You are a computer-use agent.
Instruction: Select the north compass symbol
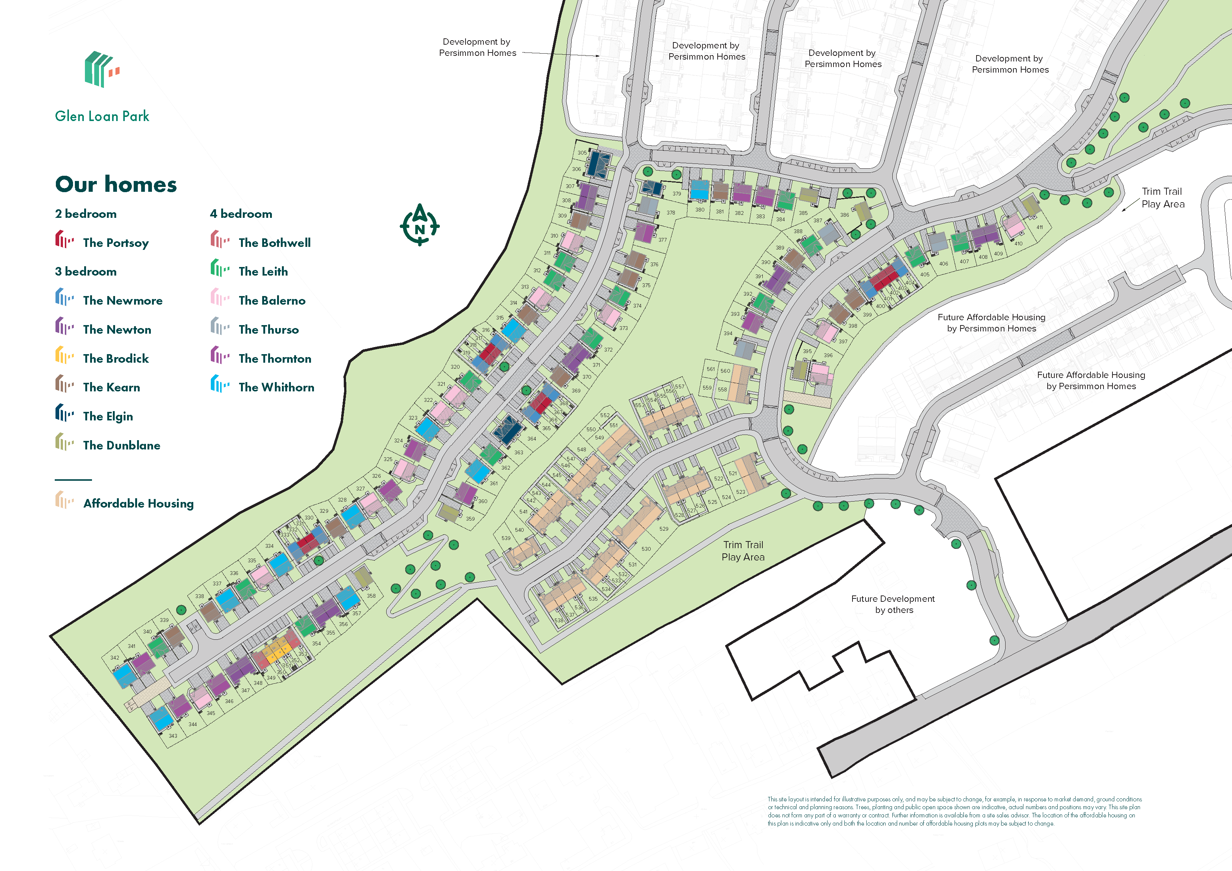(x=420, y=225)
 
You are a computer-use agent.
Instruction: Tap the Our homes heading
(x=116, y=184)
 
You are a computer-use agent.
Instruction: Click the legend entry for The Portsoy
(x=115, y=242)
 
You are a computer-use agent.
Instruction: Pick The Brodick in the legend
(x=115, y=359)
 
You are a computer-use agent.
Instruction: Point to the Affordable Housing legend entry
(x=138, y=503)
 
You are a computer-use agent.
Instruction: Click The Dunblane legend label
(x=121, y=445)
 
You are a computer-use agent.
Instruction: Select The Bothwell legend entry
(x=274, y=242)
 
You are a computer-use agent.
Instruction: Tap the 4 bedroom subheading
(x=241, y=214)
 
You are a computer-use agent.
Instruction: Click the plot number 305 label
(x=582, y=153)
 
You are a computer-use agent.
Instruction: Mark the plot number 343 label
(x=173, y=736)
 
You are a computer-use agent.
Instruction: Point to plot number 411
(x=1039, y=228)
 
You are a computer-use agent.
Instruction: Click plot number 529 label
(x=664, y=529)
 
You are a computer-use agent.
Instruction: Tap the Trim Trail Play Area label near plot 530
(x=743, y=551)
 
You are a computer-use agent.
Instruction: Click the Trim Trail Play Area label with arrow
(x=1162, y=197)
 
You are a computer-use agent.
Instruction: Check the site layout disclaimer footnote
(x=954, y=811)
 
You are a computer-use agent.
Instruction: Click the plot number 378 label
(x=671, y=213)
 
